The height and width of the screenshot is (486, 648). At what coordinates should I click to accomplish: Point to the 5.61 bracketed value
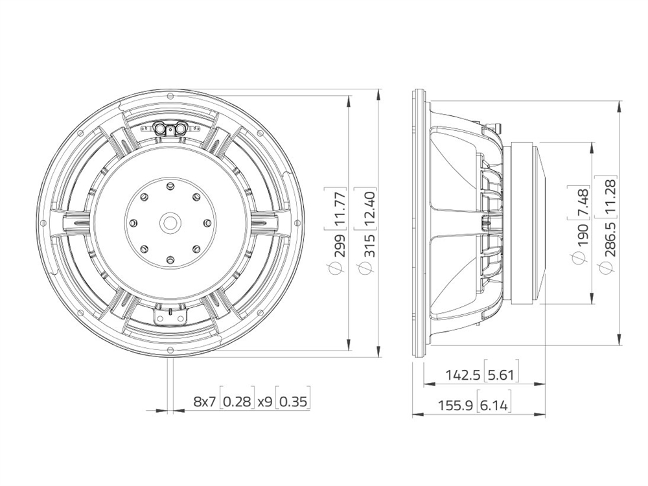tap(501, 375)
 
